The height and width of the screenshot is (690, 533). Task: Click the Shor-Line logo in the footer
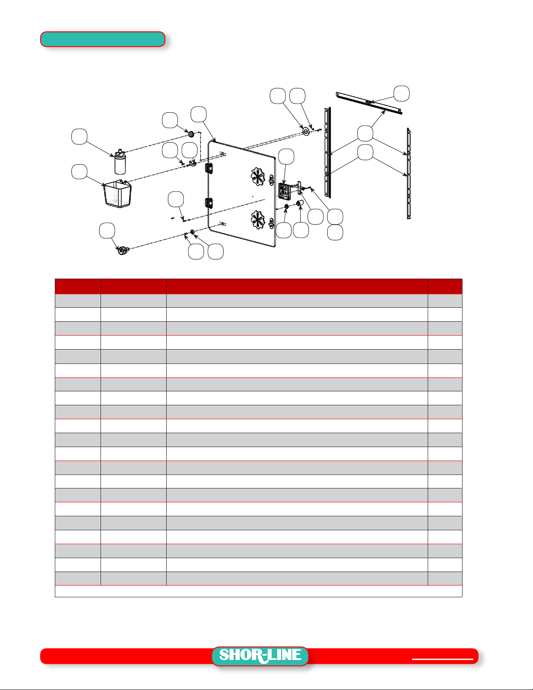click(x=260, y=656)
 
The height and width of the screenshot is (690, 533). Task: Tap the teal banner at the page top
click(x=103, y=39)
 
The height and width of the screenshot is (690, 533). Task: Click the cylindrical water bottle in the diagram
click(x=120, y=162)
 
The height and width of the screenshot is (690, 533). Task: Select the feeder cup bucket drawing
click(x=117, y=193)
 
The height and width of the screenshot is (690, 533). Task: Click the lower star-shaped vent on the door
click(x=258, y=220)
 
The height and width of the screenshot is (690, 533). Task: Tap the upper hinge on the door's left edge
click(x=209, y=168)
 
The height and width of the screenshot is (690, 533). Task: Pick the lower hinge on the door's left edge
click(x=209, y=203)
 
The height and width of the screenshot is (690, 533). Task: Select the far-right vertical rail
click(x=409, y=173)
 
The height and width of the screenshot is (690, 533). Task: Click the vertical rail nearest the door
click(x=328, y=152)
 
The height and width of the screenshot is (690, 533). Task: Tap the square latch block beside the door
click(x=284, y=191)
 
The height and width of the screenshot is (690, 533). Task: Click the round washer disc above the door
click(x=306, y=131)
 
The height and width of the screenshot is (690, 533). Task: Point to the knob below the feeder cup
click(x=123, y=250)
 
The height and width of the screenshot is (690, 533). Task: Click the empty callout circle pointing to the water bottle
click(x=79, y=137)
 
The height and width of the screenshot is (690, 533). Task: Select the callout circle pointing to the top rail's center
click(x=401, y=94)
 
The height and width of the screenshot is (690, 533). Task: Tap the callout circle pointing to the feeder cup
click(x=79, y=172)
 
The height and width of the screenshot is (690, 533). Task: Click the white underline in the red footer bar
click(x=442, y=659)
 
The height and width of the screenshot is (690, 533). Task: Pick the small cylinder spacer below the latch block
click(x=299, y=204)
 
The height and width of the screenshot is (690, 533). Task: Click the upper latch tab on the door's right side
click(x=271, y=180)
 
